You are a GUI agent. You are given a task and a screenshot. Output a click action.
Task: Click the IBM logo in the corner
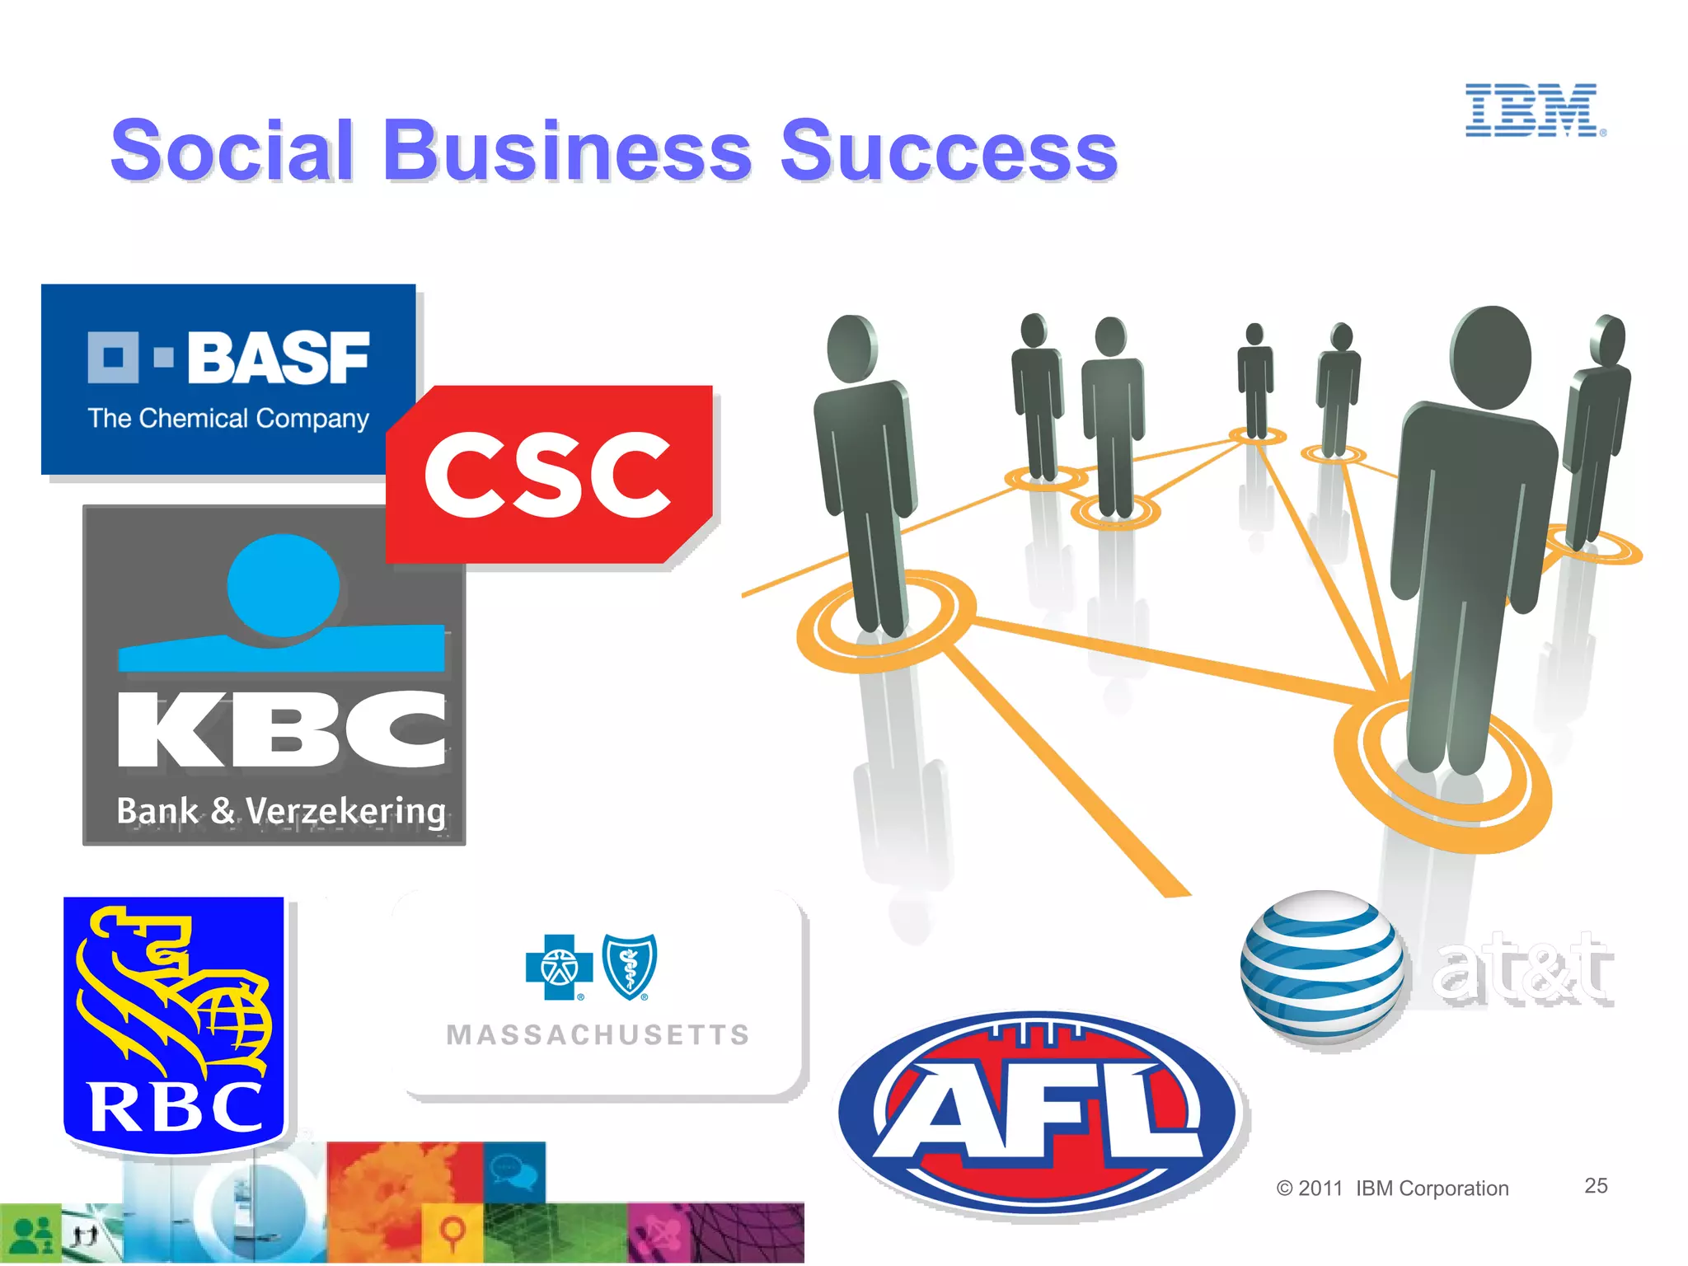(1534, 110)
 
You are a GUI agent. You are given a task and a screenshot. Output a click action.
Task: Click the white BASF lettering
(278, 359)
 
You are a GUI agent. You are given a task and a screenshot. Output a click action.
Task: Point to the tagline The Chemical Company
(228, 419)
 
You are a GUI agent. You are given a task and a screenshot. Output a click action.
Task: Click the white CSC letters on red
(547, 476)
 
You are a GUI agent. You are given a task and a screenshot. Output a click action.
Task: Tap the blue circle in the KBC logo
(283, 584)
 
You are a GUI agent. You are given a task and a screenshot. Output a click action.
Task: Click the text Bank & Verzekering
(281, 810)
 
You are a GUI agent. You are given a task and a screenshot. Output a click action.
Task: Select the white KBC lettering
(281, 729)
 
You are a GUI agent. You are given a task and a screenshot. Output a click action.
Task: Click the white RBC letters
(176, 1107)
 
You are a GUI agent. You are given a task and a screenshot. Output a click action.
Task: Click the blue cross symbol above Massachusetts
(560, 967)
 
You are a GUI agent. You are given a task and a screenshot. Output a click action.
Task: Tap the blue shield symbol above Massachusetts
(631, 966)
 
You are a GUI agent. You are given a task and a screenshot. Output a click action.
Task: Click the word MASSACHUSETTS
(598, 1034)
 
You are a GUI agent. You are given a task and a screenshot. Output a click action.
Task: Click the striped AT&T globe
(1322, 968)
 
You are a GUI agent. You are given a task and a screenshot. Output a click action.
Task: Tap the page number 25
(1596, 1185)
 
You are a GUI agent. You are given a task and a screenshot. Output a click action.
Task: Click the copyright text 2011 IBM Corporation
(1392, 1188)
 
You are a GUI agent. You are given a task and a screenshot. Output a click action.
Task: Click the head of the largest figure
(1490, 356)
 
